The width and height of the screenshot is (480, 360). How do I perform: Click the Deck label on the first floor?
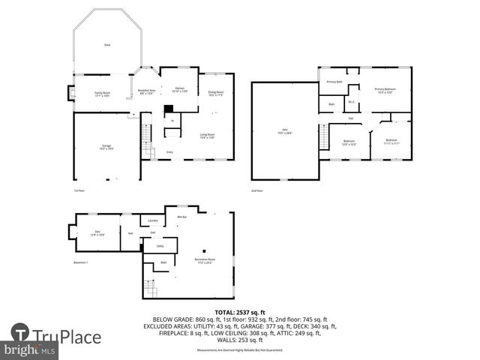click(106, 45)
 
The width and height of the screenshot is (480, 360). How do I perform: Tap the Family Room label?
click(102, 94)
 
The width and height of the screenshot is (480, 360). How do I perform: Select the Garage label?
click(106, 147)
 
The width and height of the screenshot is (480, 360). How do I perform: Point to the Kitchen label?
click(180, 89)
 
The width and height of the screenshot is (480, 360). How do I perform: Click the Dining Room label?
click(216, 93)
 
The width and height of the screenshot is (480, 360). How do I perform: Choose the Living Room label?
click(208, 136)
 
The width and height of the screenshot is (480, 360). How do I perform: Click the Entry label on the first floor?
click(170, 152)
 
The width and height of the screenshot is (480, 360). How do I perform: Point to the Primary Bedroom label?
click(385, 90)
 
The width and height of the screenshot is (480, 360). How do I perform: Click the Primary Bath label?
click(334, 82)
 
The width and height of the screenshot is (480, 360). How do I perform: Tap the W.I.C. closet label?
click(351, 103)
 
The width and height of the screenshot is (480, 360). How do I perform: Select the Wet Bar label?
click(181, 217)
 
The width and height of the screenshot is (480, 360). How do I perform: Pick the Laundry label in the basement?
click(152, 220)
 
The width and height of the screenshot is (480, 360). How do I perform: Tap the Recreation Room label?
click(204, 262)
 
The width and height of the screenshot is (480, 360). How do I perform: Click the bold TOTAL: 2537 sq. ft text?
click(239, 311)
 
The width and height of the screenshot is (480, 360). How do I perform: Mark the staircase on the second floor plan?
click(323, 136)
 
